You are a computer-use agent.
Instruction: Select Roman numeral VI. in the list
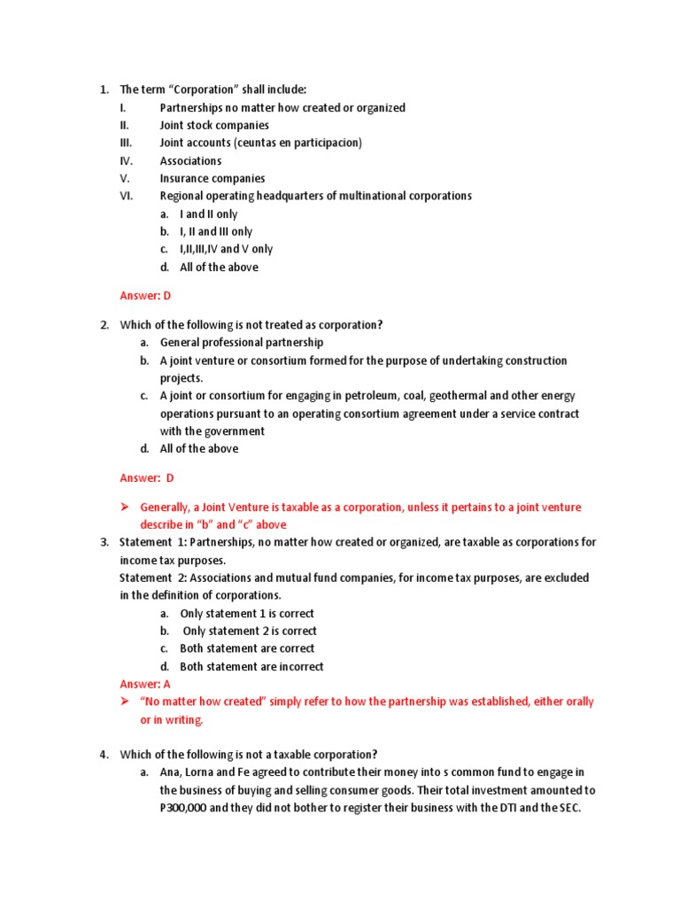[x=126, y=196]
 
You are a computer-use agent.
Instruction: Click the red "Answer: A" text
[x=145, y=684]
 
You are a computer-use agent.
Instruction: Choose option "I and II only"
[x=208, y=213]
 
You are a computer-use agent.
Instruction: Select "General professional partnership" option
[x=242, y=342]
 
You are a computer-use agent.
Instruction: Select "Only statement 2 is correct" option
[x=249, y=631]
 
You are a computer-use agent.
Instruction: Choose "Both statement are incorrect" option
[x=251, y=666]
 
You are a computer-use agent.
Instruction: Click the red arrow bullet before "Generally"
[x=125, y=508]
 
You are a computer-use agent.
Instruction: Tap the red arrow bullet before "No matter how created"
[x=125, y=702]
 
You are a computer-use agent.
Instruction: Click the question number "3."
[x=104, y=542]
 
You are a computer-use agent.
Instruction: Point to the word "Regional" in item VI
[x=182, y=196]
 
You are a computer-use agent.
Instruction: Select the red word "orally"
[x=578, y=702]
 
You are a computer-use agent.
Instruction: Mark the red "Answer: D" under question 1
[x=145, y=296]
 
